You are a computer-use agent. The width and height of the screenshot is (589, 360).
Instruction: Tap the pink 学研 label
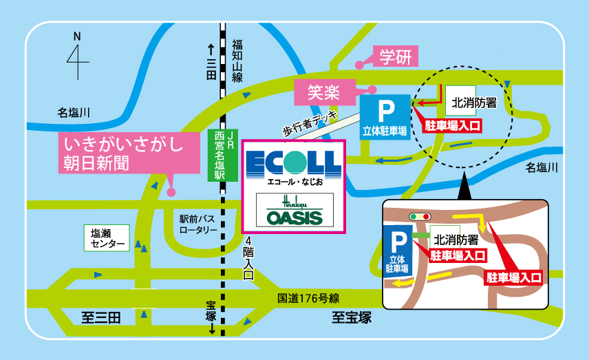pos(395,56)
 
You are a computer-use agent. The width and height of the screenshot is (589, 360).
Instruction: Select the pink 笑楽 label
pos(325,92)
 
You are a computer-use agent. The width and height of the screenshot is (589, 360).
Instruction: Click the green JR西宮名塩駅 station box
pos(223,155)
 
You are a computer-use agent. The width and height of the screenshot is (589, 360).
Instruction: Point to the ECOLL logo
pos(294,165)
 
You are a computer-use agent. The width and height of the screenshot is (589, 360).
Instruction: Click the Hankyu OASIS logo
pos(294,210)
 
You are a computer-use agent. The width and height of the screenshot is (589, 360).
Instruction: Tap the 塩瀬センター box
pos(107,238)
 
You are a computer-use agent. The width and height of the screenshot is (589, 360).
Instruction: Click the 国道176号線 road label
pos(308,298)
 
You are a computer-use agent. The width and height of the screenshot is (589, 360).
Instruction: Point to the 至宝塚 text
pos(352,317)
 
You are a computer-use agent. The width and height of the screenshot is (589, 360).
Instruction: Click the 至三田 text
pos(101,318)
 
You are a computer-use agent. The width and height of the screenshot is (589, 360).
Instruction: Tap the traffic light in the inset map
pos(420,217)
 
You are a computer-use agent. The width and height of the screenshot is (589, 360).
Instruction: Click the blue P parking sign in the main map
pos(385,117)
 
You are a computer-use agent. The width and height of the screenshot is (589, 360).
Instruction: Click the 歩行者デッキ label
pos(310,124)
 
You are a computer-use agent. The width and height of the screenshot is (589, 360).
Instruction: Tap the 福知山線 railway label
pos(237,61)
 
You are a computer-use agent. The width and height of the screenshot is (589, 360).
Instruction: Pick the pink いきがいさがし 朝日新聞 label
pos(129,153)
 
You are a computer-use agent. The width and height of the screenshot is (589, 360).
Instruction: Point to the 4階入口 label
pos(248,258)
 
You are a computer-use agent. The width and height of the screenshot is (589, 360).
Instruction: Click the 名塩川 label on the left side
pos(73,112)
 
